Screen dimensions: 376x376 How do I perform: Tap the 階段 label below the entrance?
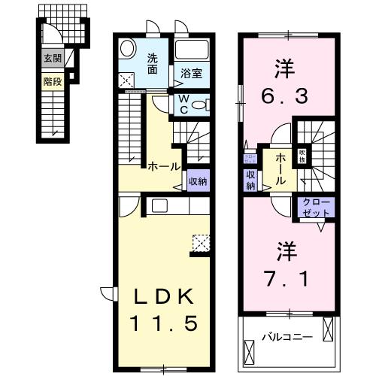[x=51, y=77]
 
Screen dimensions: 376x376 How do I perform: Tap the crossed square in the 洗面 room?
[x=127, y=78]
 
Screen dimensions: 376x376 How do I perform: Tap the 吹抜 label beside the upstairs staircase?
[x=302, y=156]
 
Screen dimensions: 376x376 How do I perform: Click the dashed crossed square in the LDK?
[x=200, y=242]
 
